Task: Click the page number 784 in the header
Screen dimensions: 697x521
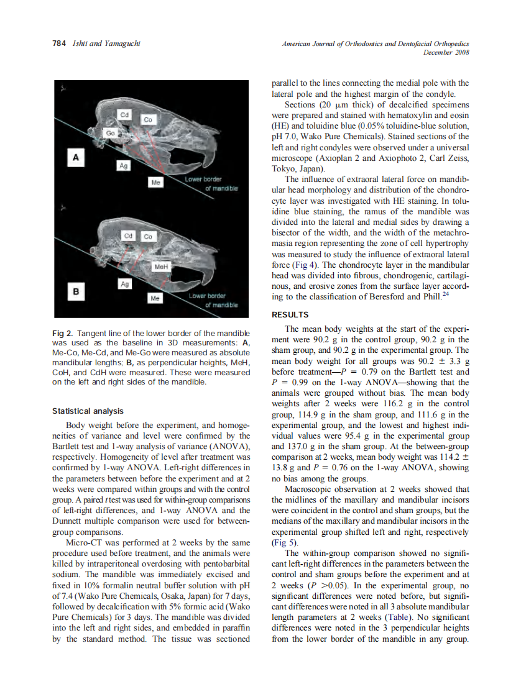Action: click(59, 43)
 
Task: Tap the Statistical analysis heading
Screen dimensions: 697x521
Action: click(88, 411)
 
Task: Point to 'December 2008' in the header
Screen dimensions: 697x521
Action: click(446, 52)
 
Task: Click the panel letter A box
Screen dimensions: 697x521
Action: click(76, 158)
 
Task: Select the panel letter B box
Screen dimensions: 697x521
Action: click(76, 289)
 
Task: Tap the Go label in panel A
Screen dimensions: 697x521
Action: click(110, 133)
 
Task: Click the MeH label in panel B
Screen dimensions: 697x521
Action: click(160, 266)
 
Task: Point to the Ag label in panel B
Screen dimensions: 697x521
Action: click(125, 284)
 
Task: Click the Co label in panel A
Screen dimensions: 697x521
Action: click(148, 119)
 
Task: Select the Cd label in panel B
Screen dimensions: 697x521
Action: click(128, 236)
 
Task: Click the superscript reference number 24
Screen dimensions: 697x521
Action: click(445, 294)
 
